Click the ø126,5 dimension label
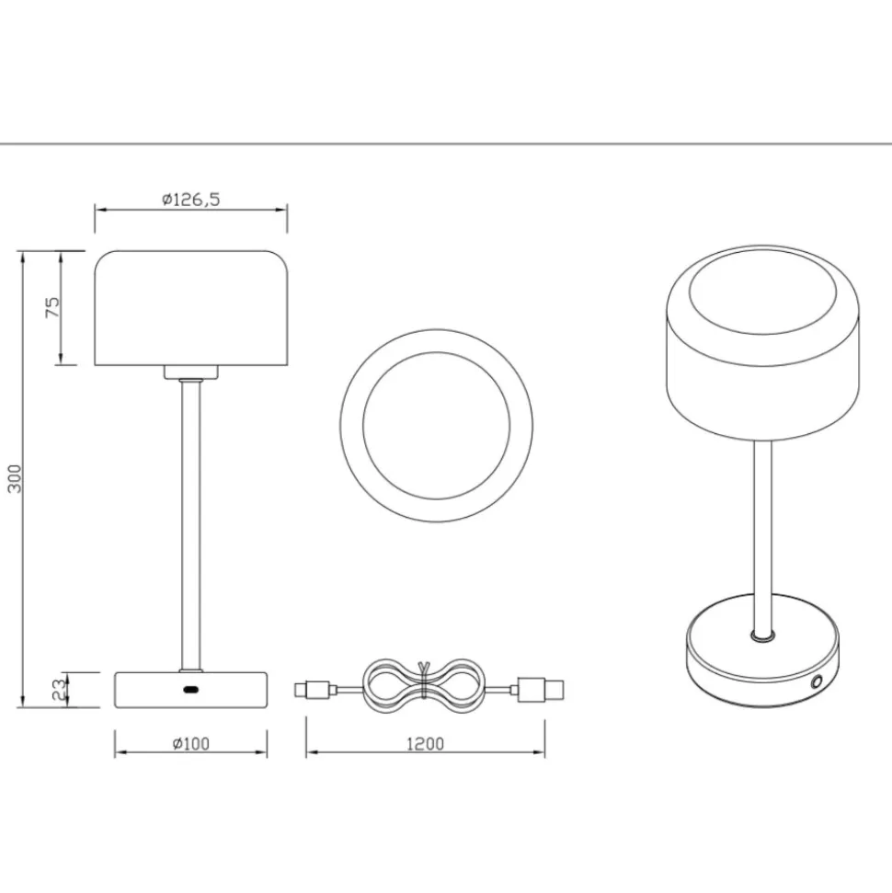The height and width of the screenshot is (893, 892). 191,200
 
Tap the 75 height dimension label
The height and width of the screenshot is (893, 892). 51,307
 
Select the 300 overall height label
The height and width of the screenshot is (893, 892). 14,479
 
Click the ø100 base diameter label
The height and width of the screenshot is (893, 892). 191,744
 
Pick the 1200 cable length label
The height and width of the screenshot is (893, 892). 425,744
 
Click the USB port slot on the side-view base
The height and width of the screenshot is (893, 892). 190,690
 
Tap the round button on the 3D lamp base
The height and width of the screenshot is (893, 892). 818,681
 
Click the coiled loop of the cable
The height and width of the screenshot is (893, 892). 423,686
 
